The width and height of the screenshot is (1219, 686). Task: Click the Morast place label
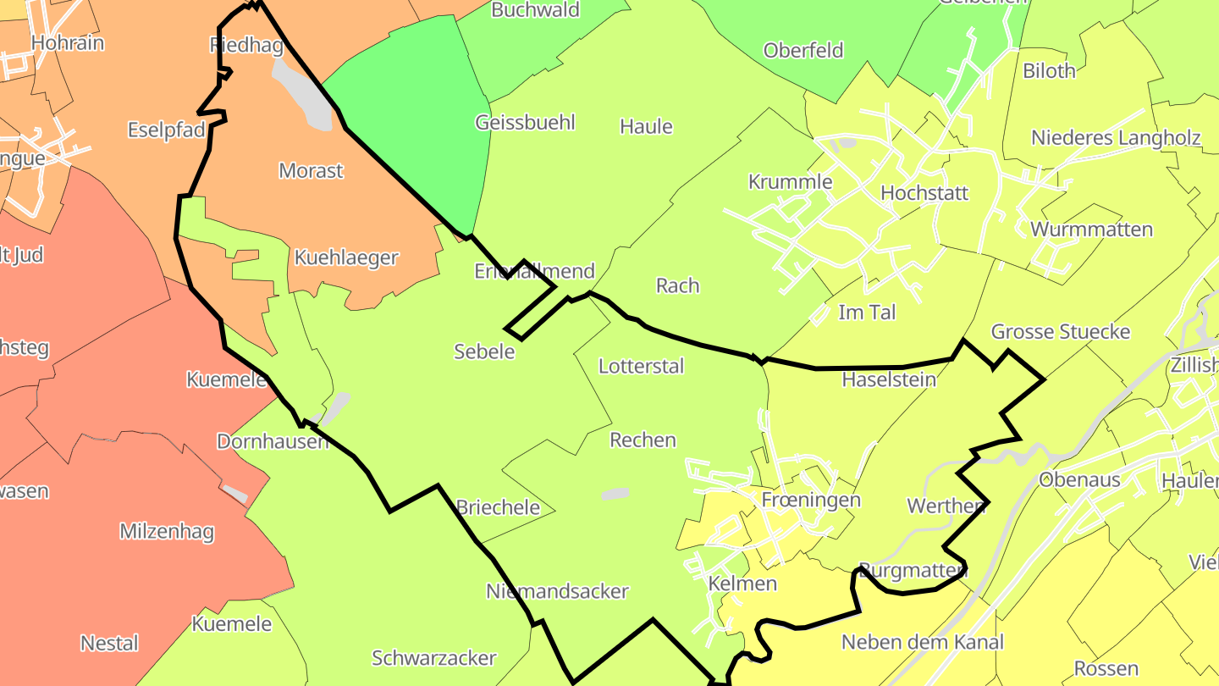(311, 170)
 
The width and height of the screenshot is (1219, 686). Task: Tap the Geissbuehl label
(525, 122)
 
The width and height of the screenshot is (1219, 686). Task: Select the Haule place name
(646, 126)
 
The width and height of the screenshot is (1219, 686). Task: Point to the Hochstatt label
(924, 192)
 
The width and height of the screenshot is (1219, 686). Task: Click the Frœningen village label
(811, 499)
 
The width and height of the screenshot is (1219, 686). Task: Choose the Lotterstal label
(641, 366)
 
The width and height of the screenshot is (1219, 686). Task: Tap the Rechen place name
(643, 440)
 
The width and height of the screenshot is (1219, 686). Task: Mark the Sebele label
(484, 351)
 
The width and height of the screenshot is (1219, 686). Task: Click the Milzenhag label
(167, 532)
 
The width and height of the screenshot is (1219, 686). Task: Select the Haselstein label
(889, 379)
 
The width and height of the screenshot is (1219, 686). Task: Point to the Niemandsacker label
(557, 591)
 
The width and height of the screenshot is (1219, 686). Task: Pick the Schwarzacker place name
(434, 657)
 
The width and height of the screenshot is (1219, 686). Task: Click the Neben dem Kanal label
(922, 642)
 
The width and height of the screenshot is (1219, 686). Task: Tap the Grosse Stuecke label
(1061, 331)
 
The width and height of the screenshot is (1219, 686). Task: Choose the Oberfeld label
(803, 50)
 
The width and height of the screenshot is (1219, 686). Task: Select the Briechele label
(498, 506)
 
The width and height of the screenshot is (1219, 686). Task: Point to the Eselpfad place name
(167, 130)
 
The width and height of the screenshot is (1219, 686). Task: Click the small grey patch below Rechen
(615, 493)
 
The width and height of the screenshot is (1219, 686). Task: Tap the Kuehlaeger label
(345, 257)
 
